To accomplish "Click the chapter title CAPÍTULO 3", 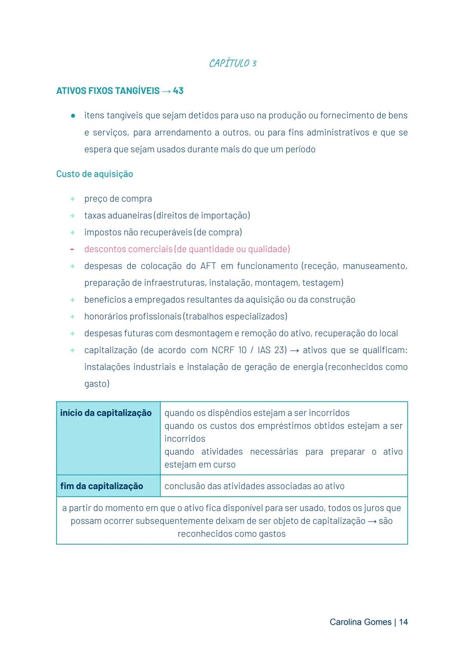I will point(232,63).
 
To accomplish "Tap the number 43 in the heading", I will point(178,91).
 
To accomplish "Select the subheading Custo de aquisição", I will point(94,174).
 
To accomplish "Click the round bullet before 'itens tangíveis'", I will point(73,115).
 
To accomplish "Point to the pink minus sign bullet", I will point(72,249).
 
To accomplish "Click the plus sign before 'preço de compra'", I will point(72,199).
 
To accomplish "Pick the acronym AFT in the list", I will point(208,266).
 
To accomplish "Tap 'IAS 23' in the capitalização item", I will point(272,350).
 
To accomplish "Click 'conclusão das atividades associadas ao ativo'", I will point(254,486).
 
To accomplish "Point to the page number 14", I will point(403,622).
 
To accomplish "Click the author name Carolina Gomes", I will point(360,622).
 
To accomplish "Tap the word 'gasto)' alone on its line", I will point(97,384).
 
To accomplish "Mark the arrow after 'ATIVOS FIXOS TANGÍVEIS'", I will point(166,91).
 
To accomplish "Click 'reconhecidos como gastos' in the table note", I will point(232,534).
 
